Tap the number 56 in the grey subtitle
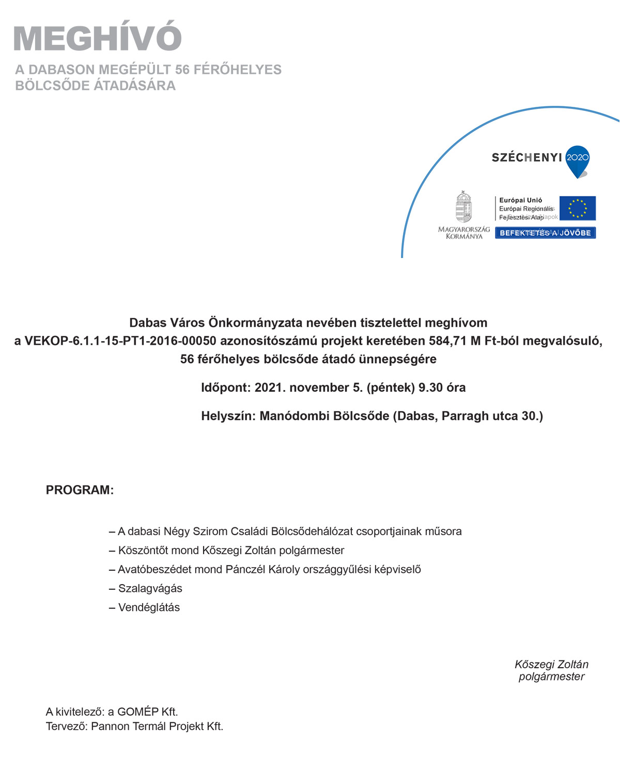182,70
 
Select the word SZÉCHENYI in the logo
526,158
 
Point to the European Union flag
578,208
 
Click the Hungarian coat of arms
463,207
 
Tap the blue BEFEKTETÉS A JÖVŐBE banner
545,233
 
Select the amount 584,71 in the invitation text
448,341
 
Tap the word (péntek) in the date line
391,388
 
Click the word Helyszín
227,416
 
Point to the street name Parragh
465,416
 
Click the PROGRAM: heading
80,490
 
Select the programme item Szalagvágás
150,589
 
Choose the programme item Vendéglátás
149,608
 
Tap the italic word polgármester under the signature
551,677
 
